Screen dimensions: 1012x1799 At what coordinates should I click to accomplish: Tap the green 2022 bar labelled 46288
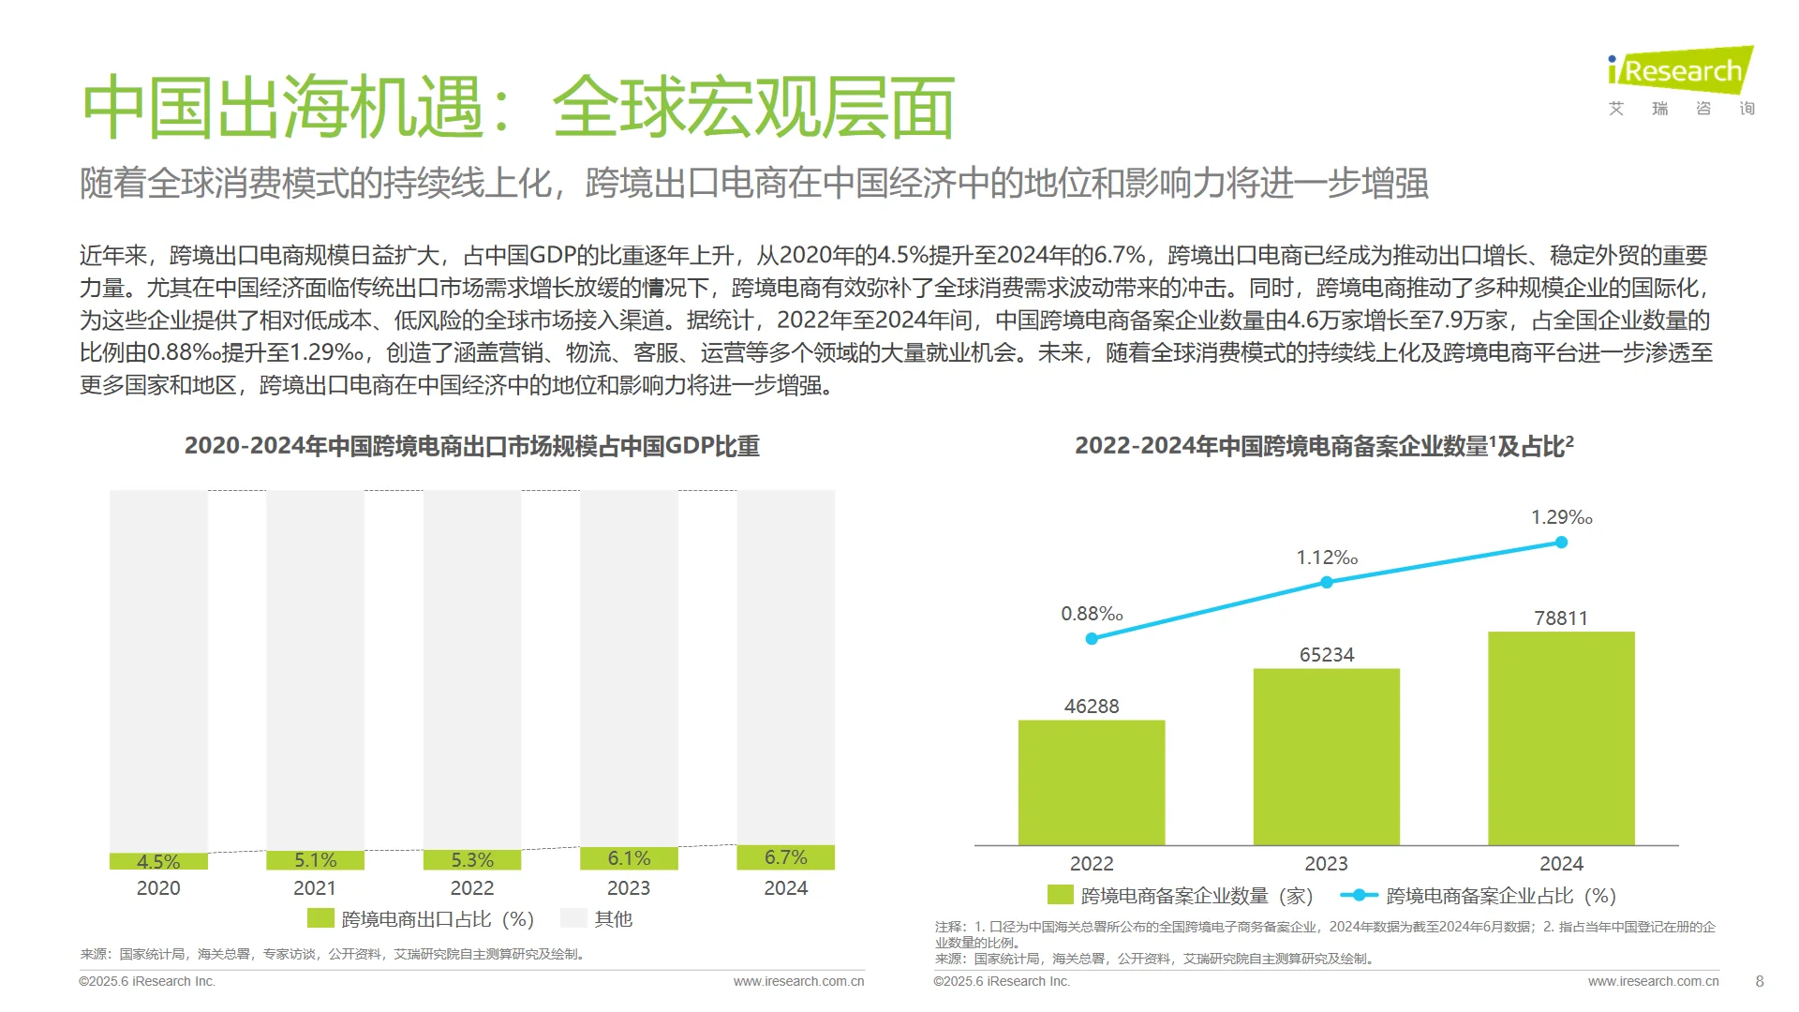[x=1092, y=782]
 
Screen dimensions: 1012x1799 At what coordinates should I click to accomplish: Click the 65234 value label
[x=1327, y=655]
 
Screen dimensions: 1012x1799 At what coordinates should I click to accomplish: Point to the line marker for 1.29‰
[x=1561, y=543]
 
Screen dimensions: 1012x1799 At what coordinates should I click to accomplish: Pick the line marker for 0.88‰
[x=1092, y=639]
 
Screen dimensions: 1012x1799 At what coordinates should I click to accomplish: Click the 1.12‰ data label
[x=1327, y=558]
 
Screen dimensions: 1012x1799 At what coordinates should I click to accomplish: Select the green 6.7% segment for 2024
[x=785, y=857]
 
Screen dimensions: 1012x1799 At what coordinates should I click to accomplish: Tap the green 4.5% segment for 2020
[x=158, y=861]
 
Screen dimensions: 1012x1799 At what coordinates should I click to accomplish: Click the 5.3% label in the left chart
[x=472, y=860]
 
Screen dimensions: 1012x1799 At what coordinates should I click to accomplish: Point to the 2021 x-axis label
[x=315, y=888]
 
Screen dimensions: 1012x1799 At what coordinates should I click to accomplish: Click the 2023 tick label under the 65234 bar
[x=1327, y=864]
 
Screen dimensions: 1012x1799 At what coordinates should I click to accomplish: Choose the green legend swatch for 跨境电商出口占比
[x=320, y=918]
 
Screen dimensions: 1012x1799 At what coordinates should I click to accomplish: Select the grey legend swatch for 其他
[x=573, y=918]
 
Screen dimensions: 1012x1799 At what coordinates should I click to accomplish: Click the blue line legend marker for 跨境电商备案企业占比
[x=1359, y=896]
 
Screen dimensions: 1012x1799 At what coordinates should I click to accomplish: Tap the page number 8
[x=1759, y=981]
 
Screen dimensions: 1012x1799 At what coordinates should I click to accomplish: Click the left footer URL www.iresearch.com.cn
[x=798, y=981]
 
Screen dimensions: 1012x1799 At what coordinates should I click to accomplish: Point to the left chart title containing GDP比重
[x=471, y=446]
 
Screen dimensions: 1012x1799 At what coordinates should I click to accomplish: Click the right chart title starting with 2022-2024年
[x=1324, y=446]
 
